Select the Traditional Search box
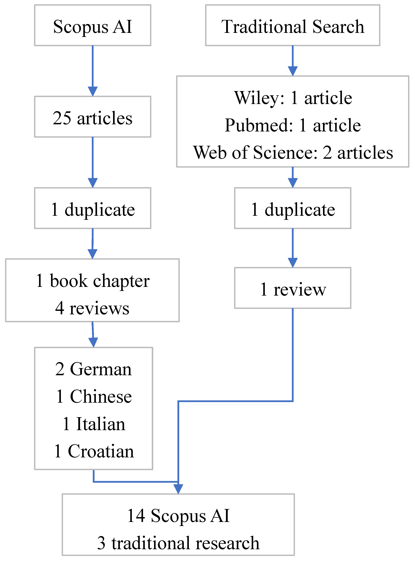pyautogui.click(x=292, y=25)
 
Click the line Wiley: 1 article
pyautogui.click(x=293, y=98)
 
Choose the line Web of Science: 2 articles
pyautogui.click(x=293, y=152)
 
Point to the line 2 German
pyautogui.click(x=93, y=369)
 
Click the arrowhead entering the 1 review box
pyautogui.click(x=292, y=263)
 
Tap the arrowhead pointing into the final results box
pyautogui.click(x=178, y=489)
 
